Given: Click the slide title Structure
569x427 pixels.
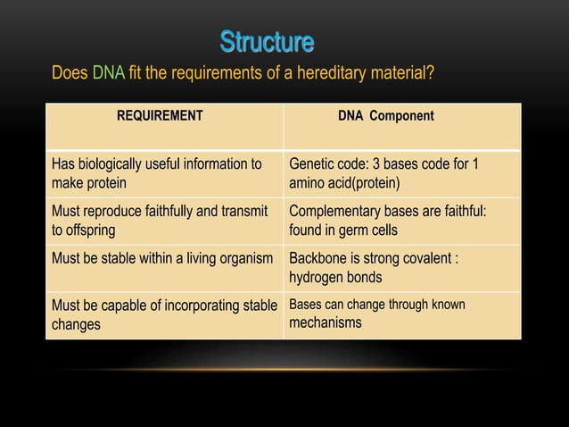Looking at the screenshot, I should point(267,42).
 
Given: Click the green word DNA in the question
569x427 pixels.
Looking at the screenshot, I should point(108,72).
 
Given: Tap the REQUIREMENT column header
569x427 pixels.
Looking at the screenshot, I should point(160,116).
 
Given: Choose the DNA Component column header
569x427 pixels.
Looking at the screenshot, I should point(385,116).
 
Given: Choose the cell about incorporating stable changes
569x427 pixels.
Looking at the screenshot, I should point(164,314).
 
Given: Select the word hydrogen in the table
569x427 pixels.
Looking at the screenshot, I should point(317,278).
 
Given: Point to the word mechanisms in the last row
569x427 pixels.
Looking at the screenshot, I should point(326,322).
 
